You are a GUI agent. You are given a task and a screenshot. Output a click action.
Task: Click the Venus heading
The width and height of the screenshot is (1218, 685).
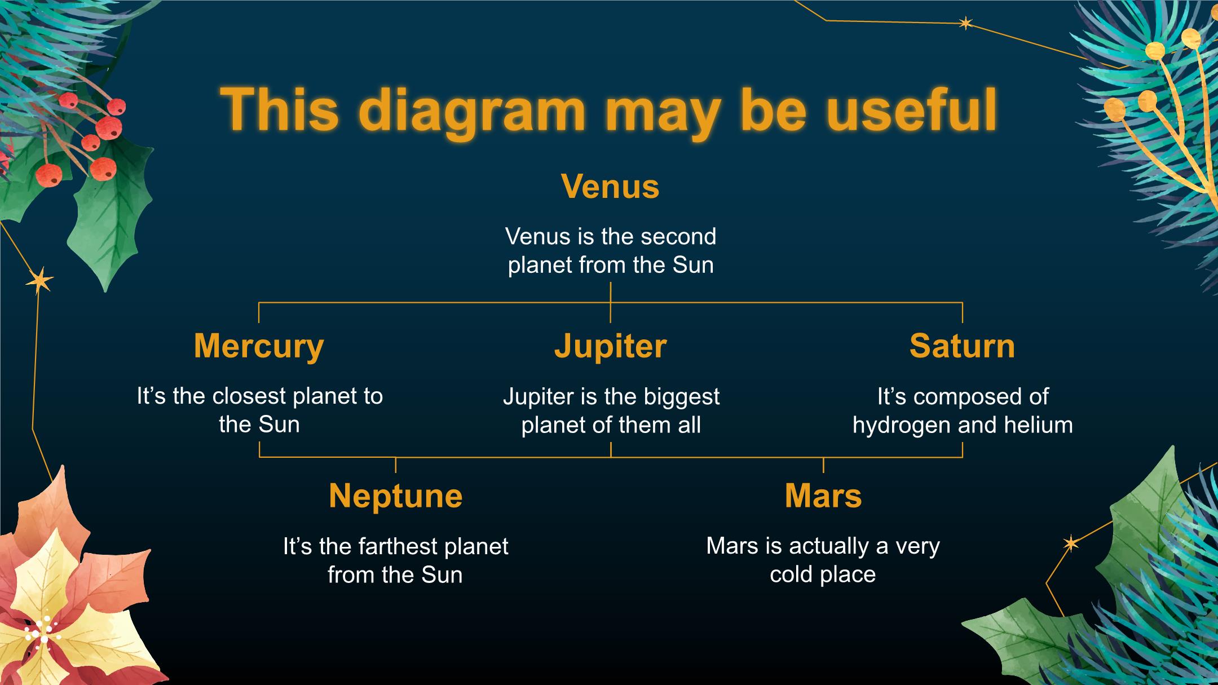coord(610,187)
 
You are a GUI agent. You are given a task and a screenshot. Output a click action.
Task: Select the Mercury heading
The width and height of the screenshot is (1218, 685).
coord(259,347)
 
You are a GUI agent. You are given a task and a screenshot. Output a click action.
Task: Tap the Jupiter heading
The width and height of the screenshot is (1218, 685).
coord(611,347)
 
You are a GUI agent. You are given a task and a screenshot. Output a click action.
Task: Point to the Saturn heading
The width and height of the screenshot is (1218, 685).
coord(962,346)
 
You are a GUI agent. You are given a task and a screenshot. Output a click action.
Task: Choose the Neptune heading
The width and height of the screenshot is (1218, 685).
coord(395,497)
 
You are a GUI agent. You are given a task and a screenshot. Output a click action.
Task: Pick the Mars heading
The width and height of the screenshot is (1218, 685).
coord(823,496)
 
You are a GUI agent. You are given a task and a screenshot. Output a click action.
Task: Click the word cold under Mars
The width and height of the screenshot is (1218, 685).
coord(792,574)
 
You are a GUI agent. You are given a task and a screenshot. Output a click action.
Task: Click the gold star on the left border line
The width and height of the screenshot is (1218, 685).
coord(39,280)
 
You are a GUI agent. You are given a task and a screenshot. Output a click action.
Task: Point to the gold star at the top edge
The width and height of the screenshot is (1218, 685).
coord(965,23)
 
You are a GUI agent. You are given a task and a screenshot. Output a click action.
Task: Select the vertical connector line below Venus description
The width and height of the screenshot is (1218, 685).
coord(611,302)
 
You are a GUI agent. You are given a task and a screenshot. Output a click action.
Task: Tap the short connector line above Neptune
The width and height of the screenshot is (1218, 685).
coord(395,465)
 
